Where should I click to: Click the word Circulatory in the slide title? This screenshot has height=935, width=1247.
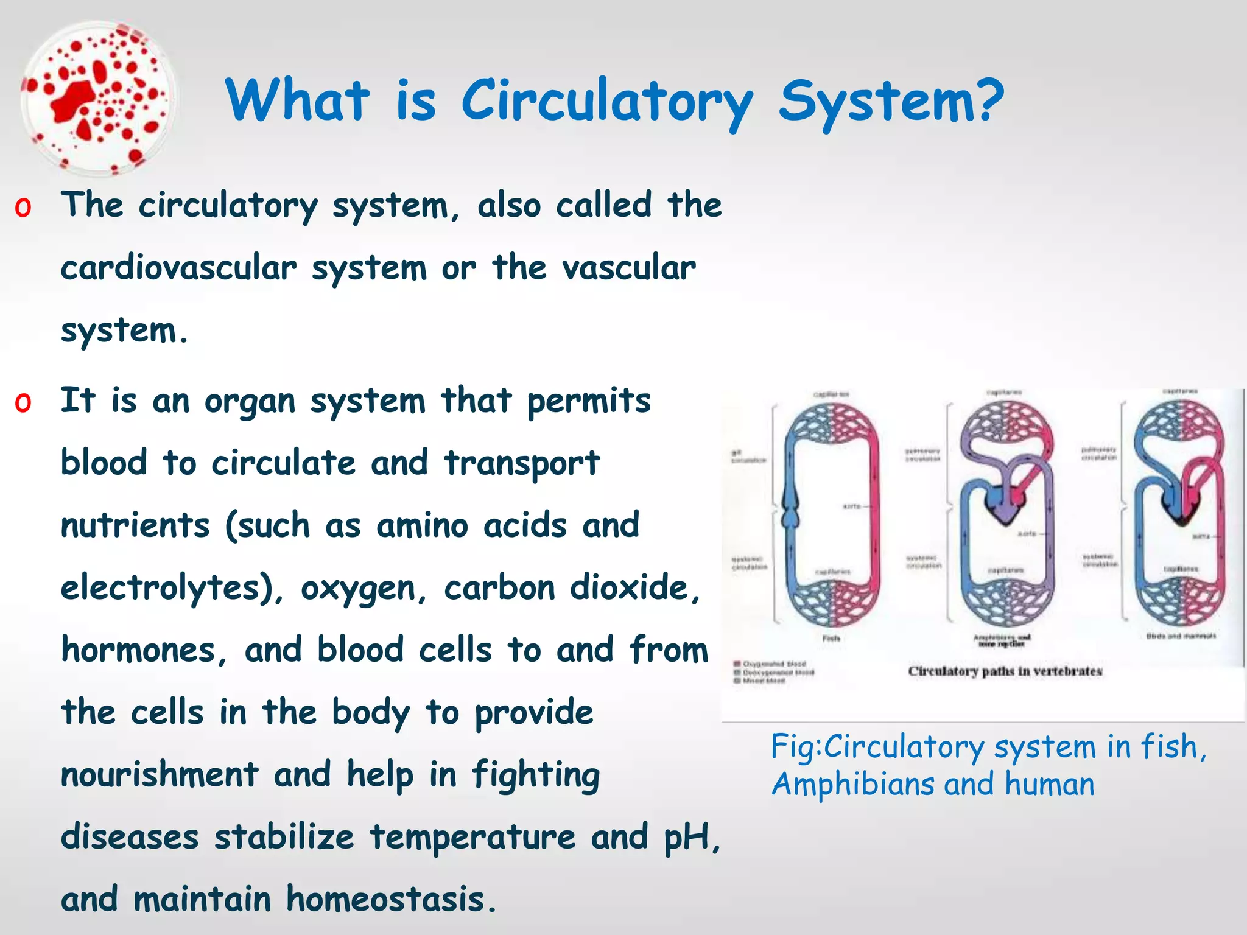607,101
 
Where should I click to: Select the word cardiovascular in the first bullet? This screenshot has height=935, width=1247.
178,268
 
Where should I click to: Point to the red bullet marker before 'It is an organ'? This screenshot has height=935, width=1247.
23,402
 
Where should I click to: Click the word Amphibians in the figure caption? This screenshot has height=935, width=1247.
852,784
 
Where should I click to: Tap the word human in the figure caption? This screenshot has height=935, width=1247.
1049,784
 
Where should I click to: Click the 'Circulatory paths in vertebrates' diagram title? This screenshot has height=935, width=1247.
1005,671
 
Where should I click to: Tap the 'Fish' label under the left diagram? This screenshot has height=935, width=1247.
831,639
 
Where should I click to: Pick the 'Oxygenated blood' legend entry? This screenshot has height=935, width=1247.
773,664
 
